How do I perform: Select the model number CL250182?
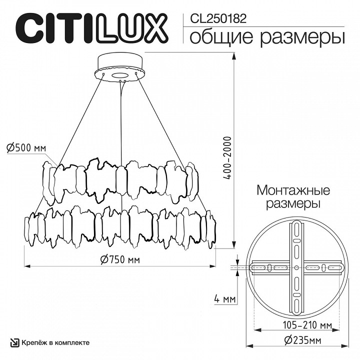(x=218, y=18)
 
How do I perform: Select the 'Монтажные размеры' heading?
(x=293, y=197)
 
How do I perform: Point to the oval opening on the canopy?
(x=119, y=75)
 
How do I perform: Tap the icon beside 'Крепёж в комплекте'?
(x=14, y=342)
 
